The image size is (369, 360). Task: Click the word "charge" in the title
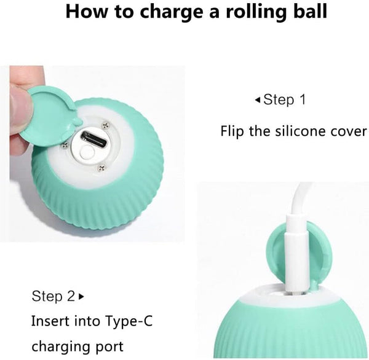coord(171,12)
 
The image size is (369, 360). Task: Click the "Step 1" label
coord(285,100)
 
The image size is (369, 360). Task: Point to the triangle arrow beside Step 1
coord(258,100)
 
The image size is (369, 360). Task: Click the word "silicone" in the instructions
coord(301,131)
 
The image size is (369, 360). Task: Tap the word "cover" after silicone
coord(349,131)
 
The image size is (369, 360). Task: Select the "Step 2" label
coord(54,296)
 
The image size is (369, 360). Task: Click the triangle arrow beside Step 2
coord(81,297)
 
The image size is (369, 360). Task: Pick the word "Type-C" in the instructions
coord(129,322)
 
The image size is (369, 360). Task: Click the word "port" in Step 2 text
coord(110,347)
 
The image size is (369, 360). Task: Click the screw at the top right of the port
coord(106,125)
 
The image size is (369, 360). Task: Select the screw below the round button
coord(101,168)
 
